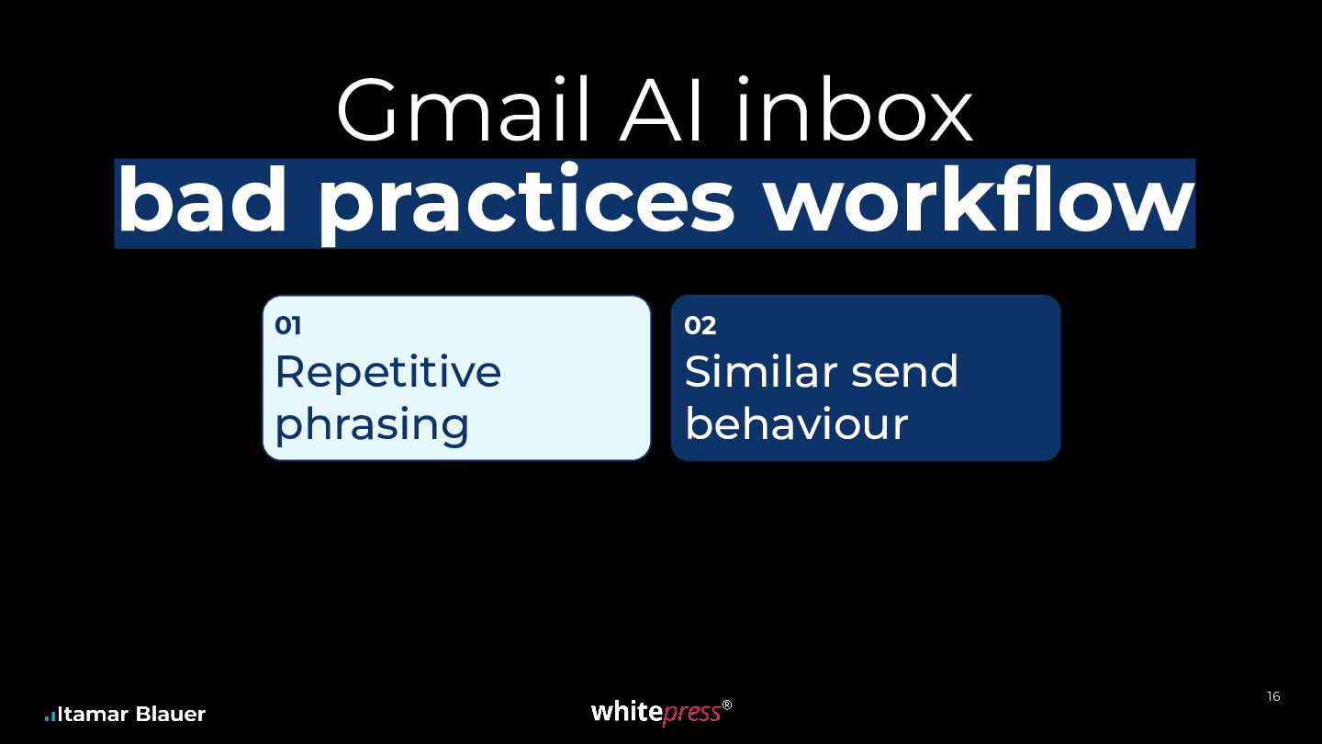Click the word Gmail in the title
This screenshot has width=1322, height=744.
tap(464, 109)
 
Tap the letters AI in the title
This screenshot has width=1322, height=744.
tap(660, 109)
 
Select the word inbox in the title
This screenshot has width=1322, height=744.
tap(854, 109)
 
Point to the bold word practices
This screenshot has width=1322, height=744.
tap(526, 204)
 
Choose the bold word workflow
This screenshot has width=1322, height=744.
tap(980, 199)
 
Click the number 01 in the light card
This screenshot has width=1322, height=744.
tap(288, 325)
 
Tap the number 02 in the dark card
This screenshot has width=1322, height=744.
tap(700, 325)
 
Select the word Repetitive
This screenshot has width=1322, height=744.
tap(387, 371)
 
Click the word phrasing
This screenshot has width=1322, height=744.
tap(372, 425)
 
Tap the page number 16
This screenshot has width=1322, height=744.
tap(1273, 697)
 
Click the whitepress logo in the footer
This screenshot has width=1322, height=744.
tap(661, 712)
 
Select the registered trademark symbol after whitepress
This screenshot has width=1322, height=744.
tap(727, 705)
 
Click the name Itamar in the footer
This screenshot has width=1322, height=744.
tap(93, 715)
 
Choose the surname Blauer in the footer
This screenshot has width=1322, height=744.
tap(171, 715)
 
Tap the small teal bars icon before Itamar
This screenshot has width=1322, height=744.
tap(50, 716)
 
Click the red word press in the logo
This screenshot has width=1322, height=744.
tap(691, 714)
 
